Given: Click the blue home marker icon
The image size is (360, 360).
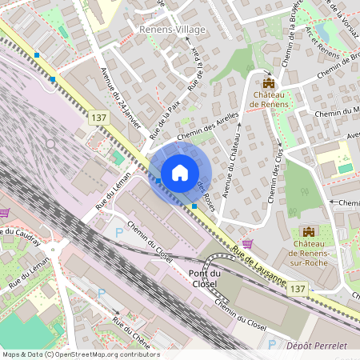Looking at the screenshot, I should pos(180,173).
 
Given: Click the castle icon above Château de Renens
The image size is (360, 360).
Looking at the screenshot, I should pos(269,82).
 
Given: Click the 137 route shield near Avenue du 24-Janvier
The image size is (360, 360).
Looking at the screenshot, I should pos(98,118).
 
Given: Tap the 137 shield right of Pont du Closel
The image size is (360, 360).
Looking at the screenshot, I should pos(297,288).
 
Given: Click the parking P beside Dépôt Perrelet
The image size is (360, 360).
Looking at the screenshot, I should pos(272,345).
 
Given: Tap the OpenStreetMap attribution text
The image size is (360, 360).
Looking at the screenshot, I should pos(81,354).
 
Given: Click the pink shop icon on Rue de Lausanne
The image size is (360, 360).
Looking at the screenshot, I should pos(248,242).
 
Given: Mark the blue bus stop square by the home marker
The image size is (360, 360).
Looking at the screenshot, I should pos(194,206).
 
